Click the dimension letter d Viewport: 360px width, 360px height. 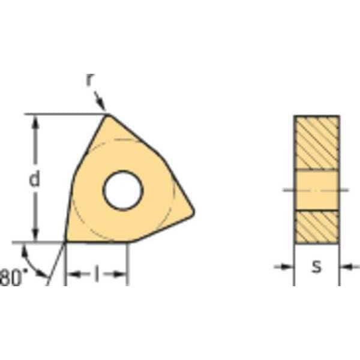pyautogui.click(x=35, y=178)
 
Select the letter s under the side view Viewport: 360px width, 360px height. pyautogui.click(x=316, y=266)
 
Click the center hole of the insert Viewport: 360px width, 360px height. pyautogui.click(x=122, y=191)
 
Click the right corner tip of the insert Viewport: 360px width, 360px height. pyautogui.click(x=193, y=211)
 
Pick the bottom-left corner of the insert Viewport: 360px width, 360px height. pyautogui.click(x=66, y=241)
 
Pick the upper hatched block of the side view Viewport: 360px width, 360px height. pyautogui.click(x=316, y=142)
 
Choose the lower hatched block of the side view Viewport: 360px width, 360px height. pyautogui.click(x=316, y=226)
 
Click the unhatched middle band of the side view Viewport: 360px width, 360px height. pyautogui.click(x=316, y=190)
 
